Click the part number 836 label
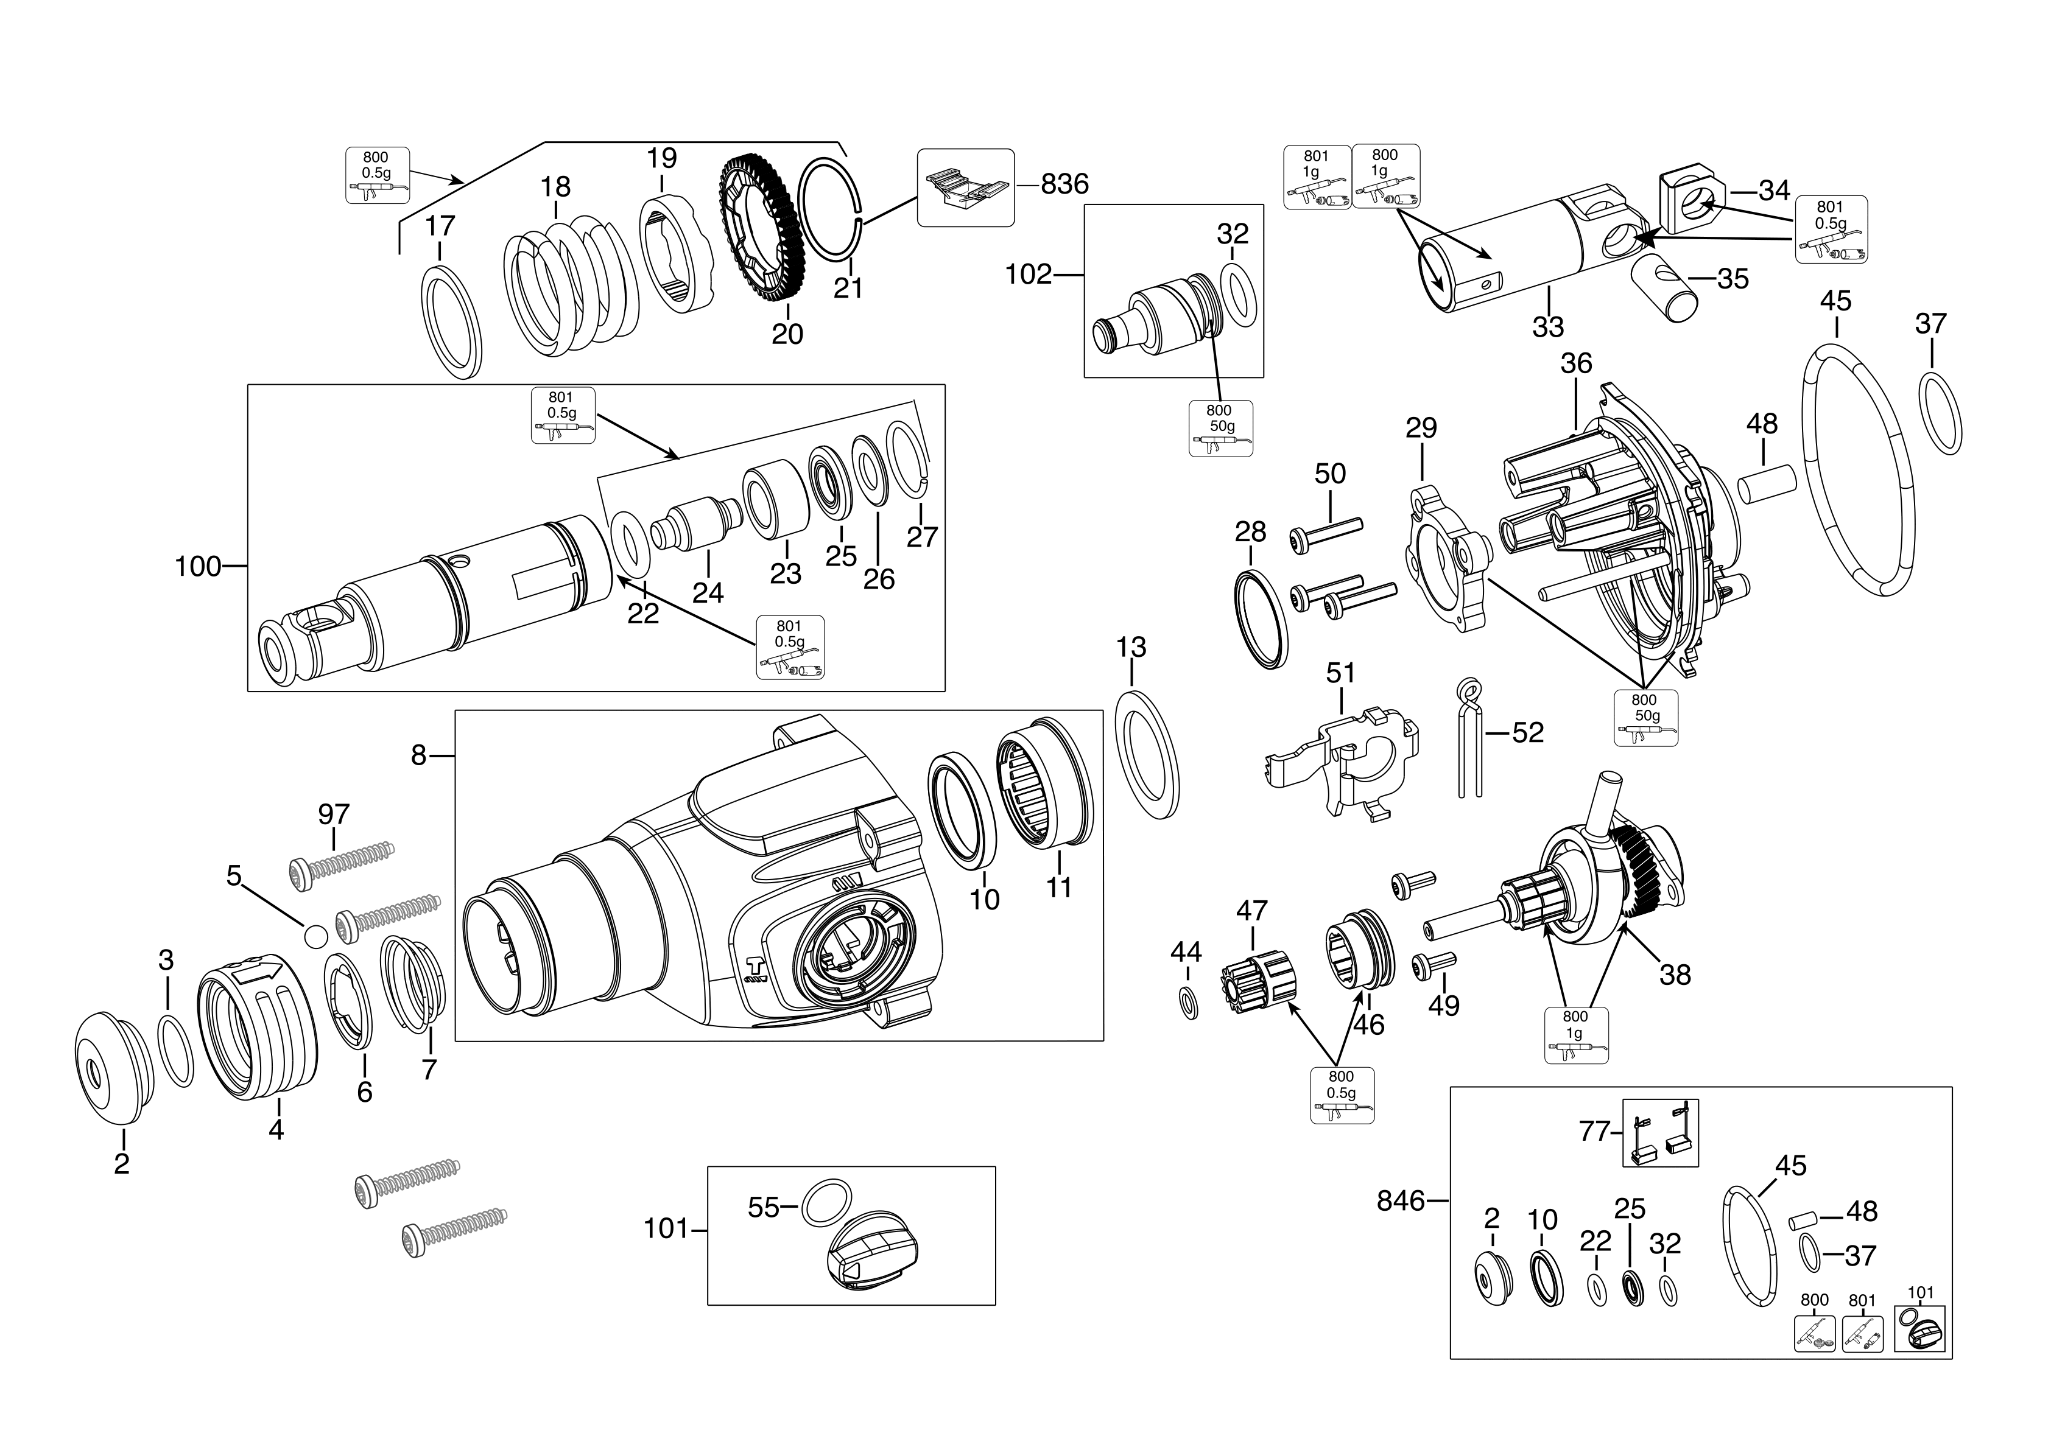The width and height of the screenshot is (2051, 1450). pos(1065,184)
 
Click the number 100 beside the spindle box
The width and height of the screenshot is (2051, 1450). pos(197,566)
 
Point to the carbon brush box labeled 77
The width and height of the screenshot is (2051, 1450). pos(1659,1133)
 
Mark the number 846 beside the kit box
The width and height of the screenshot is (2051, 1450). pos(1400,1202)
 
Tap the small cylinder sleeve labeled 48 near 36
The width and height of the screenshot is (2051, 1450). pos(1766,488)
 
